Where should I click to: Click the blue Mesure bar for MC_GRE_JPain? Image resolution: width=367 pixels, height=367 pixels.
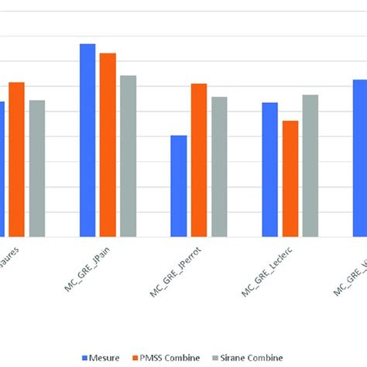(87, 140)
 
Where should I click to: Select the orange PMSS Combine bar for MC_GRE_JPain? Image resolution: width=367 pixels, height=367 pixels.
(108, 145)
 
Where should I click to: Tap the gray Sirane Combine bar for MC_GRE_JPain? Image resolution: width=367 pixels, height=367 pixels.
(128, 156)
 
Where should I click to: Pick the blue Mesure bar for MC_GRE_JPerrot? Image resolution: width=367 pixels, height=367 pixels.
(179, 186)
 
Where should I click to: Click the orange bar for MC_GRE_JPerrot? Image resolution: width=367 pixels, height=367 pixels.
(199, 160)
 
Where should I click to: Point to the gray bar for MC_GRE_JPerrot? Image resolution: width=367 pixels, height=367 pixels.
(219, 166)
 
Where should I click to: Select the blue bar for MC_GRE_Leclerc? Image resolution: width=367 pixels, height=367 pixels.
(269, 170)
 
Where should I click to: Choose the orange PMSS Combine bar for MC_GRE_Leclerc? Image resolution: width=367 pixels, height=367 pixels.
(290, 179)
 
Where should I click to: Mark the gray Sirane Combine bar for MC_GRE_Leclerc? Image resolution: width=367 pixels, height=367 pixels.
(310, 166)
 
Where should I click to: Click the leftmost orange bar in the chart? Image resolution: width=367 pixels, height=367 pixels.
(16, 159)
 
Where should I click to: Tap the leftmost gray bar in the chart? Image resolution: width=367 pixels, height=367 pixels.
(37, 168)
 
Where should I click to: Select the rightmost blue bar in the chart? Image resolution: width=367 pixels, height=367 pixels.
(360, 158)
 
